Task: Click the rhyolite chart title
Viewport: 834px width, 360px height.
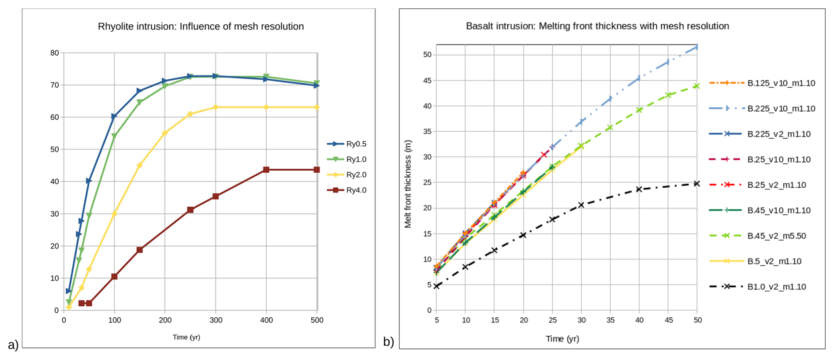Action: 201,26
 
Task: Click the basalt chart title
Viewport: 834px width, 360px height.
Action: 597,26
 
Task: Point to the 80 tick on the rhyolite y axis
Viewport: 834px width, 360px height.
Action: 55,53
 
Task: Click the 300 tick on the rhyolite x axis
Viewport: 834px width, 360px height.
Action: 216,320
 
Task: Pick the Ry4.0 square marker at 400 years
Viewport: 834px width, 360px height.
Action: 266,170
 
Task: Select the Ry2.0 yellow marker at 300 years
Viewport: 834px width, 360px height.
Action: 216,107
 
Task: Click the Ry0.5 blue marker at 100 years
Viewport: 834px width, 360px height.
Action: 114,116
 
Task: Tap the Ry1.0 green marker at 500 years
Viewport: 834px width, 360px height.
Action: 316,83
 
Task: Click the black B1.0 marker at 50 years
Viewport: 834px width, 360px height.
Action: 697,183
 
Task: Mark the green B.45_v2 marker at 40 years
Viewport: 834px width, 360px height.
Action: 639,110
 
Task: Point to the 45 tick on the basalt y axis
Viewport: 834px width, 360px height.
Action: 427,80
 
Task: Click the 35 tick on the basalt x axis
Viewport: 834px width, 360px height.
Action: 611,320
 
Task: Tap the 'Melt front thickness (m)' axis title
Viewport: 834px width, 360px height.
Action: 408,184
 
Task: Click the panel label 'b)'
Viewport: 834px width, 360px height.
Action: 388,341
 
